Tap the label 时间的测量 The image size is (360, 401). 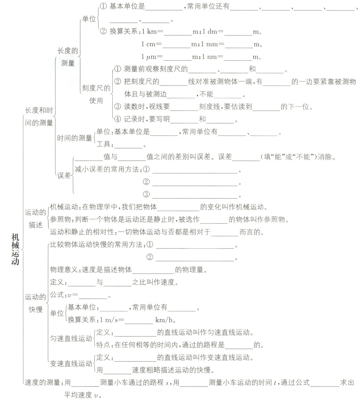[74, 138]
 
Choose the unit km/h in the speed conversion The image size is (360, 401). [165, 320]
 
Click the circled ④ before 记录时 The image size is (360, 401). [117, 120]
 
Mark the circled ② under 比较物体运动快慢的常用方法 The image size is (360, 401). [150, 257]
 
